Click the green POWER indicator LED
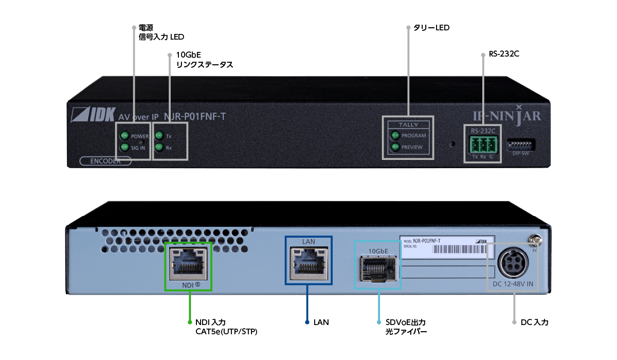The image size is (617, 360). (x=124, y=136)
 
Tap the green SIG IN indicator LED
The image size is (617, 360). (x=124, y=148)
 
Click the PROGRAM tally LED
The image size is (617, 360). (x=395, y=136)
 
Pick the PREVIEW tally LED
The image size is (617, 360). (x=395, y=147)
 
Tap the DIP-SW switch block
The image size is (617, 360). (x=521, y=145)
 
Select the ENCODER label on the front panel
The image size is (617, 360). (x=105, y=160)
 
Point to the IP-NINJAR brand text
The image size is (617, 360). (x=507, y=116)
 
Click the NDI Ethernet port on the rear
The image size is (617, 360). (x=188, y=262)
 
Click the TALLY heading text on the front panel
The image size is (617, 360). (x=409, y=124)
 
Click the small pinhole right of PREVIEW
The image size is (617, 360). (x=453, y=144)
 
